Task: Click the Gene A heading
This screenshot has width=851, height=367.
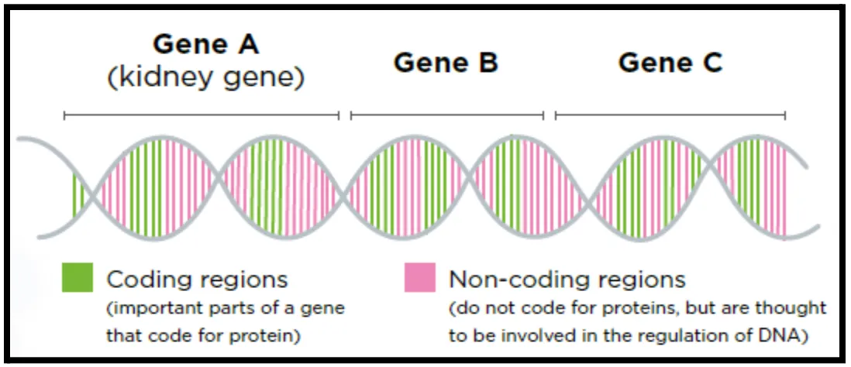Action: pyautogui.click(x=205, y=45)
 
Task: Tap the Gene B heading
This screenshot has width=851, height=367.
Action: pyautogui.click(x=446, y=63)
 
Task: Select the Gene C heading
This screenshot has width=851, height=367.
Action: pyautogui.click(x=670, y=63)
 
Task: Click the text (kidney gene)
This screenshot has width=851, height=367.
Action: pyautogui.click(x=205, y=79)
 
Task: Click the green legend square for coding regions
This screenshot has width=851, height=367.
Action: pyautogui.click(x=77, y=277)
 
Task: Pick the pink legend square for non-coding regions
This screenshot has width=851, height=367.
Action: pyautogui.click(x=419, y=277)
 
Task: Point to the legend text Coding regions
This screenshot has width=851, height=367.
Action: pyautogui.click(x=196, y=280)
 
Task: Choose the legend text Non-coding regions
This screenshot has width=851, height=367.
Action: pyautogui.click(x=567, y=280)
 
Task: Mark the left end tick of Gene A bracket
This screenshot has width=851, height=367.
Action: pyautogui.click(x=64, y=115)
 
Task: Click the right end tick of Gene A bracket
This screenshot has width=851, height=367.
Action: pyautogui.click(x=339, y=115)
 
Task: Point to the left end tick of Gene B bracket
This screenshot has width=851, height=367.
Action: pyautogui.click(x=351, y=115)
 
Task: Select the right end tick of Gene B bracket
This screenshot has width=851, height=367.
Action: pyautogui.click(x=543, y=115)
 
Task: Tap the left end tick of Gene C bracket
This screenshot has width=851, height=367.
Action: pyautogui.click(x=556, y=115)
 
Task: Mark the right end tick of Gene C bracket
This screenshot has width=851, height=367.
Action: pyautogui.click(x=785, y=115)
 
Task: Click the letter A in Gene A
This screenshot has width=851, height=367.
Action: pyautogui.click(x=246, y=45)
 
